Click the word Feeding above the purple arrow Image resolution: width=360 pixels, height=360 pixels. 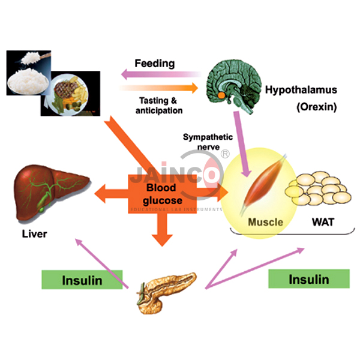point(154,64)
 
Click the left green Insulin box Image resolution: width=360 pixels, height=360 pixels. point(82,280)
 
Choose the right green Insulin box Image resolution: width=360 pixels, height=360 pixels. point(308,279)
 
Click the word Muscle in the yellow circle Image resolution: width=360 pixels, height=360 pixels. point(266,222)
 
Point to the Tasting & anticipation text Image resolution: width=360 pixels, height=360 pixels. point(158,105)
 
